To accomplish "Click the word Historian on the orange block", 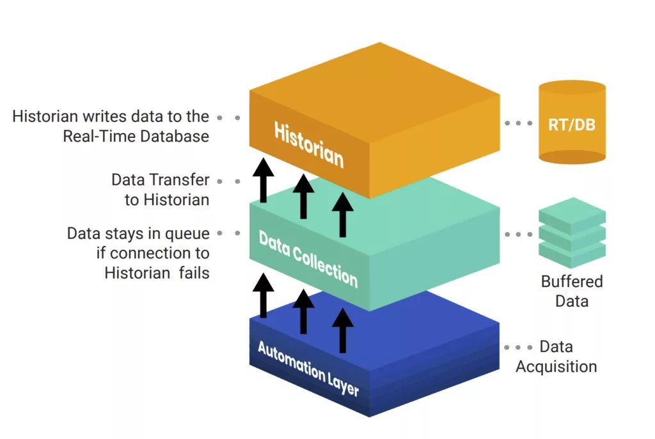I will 308,144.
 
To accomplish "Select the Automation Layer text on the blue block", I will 308,368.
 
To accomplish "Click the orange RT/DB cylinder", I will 572,123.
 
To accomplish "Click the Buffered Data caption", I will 572,291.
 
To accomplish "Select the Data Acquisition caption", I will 556,357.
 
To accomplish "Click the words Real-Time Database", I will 136,136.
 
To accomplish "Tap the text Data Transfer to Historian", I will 160,190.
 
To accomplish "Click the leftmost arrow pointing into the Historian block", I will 263,181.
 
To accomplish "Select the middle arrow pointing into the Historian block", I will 303,195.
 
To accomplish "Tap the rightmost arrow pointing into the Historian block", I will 343,214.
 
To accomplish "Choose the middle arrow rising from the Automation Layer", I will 303,311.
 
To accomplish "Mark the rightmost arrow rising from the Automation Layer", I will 343,329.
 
